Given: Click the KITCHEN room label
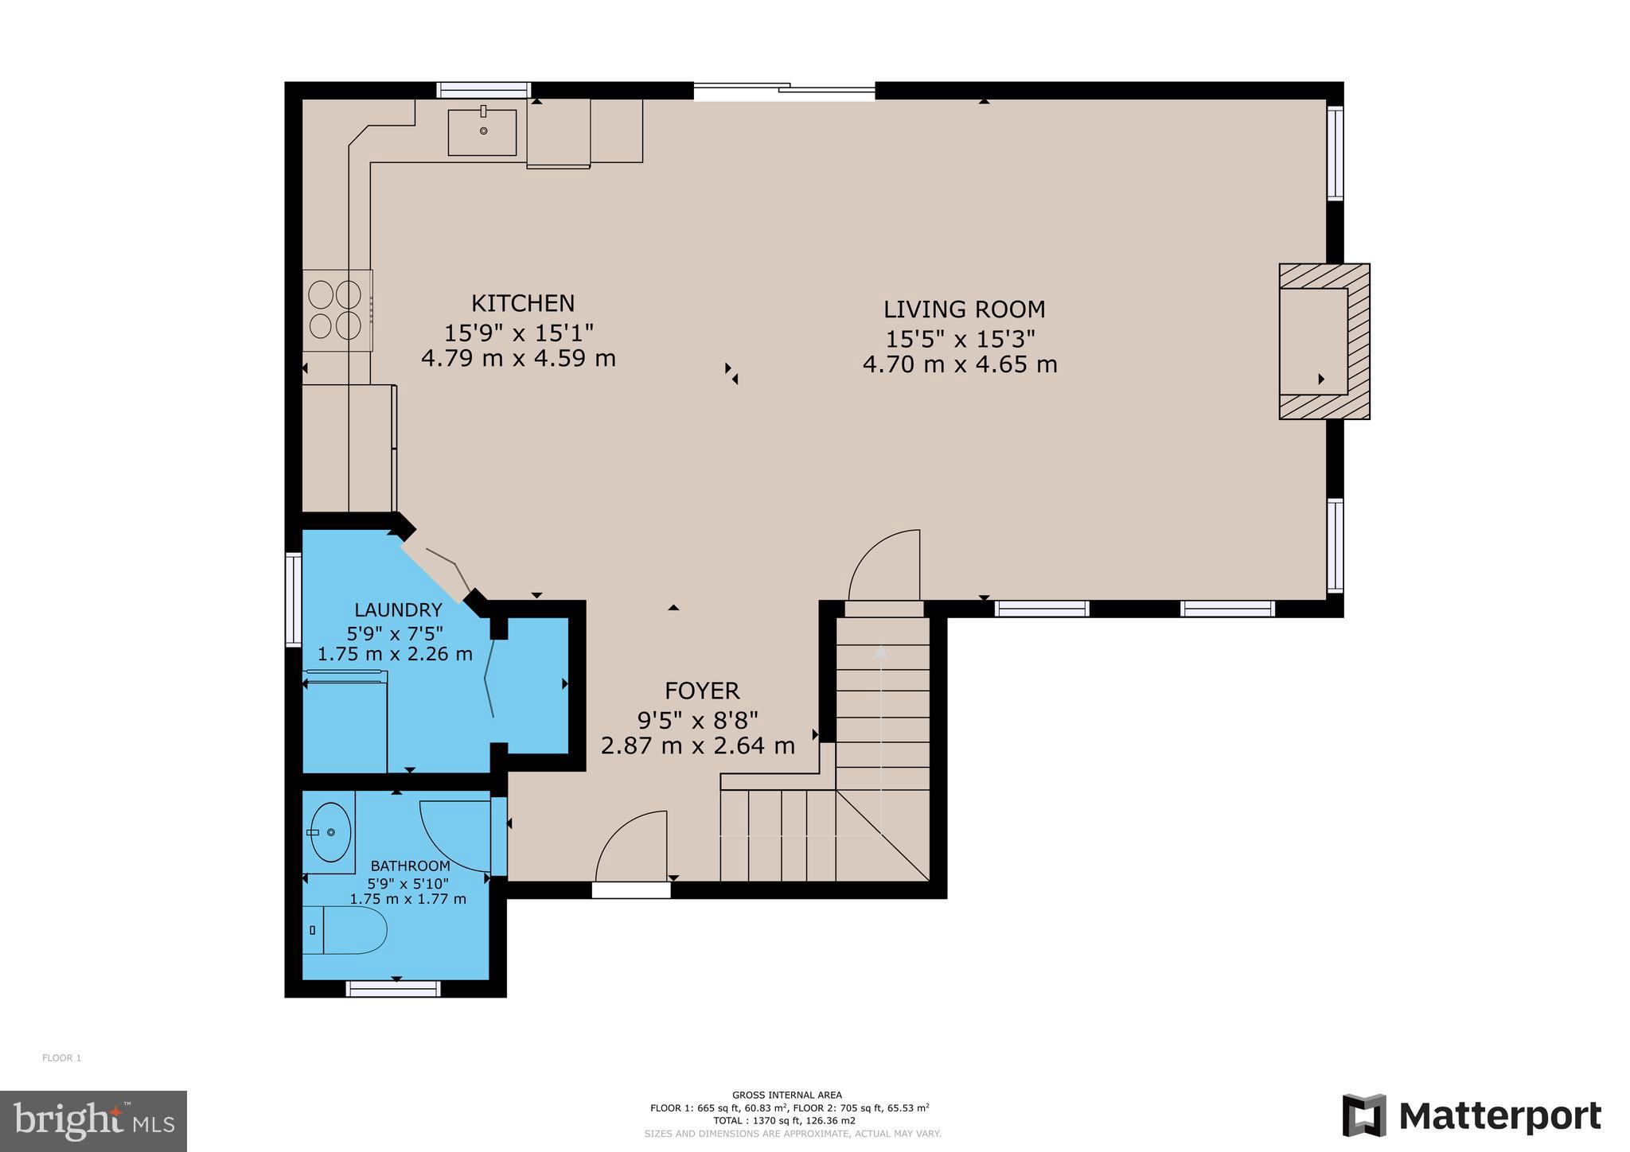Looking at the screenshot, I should pyautogui.click(x=523, y=304).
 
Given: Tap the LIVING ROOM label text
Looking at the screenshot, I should pyautogui.click(x=964, y=309).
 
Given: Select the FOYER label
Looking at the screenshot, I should pyautogui.click(x=702, y=691).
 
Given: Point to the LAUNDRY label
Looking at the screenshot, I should pyautogui.click(x=398, y=610).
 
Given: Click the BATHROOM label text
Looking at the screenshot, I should pyautogui.click(x=410, y=866).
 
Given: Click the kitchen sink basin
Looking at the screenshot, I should pyautogui.click(x=482, y=132).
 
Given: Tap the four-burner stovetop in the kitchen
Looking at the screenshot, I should pyautogui.click(x=336, y=310).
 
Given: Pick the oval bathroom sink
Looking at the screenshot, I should pyautogui.click(x=330, y=832).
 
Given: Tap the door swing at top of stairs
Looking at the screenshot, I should pyautogui.click(x=884, y=565).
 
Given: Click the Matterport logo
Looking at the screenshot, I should pyautogui.click(x=1472, y=1117).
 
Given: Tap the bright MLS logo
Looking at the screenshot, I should pyautogui.click(x=93, y=1121).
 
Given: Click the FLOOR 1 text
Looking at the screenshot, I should pyautogui.click(x=61, y=1058).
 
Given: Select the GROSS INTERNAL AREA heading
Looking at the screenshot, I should pyautogui.click(x=786, y=1096).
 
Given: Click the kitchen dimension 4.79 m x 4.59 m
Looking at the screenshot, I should pyautogui.click(x=518, y=359).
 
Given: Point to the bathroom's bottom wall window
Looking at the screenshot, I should pyautogui.click(x=393, y=988).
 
